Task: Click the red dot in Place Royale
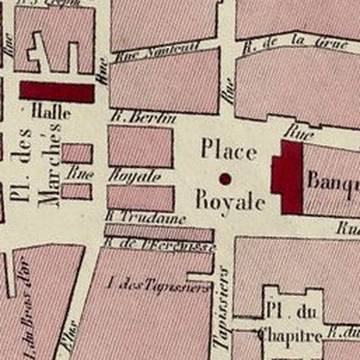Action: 225,179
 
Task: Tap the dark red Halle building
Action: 57,92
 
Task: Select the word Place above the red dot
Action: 229,150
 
